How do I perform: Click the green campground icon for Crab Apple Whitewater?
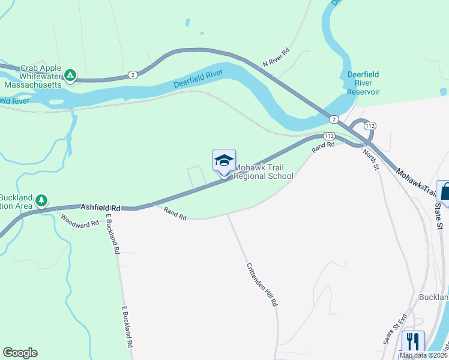70,75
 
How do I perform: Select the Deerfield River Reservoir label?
363,83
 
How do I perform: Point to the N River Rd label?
276,58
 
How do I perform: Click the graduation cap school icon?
224,160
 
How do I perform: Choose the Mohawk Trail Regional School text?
264,172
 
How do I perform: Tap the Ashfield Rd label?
101,207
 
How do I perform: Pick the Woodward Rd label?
79,220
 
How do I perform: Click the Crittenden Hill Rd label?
262,285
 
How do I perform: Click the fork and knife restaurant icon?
413,341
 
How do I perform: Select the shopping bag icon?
445,191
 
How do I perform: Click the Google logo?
20,353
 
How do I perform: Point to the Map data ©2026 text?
424,355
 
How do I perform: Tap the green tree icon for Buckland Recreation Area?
41,200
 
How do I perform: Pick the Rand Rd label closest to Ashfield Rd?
175,213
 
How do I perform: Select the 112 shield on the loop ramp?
370,126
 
